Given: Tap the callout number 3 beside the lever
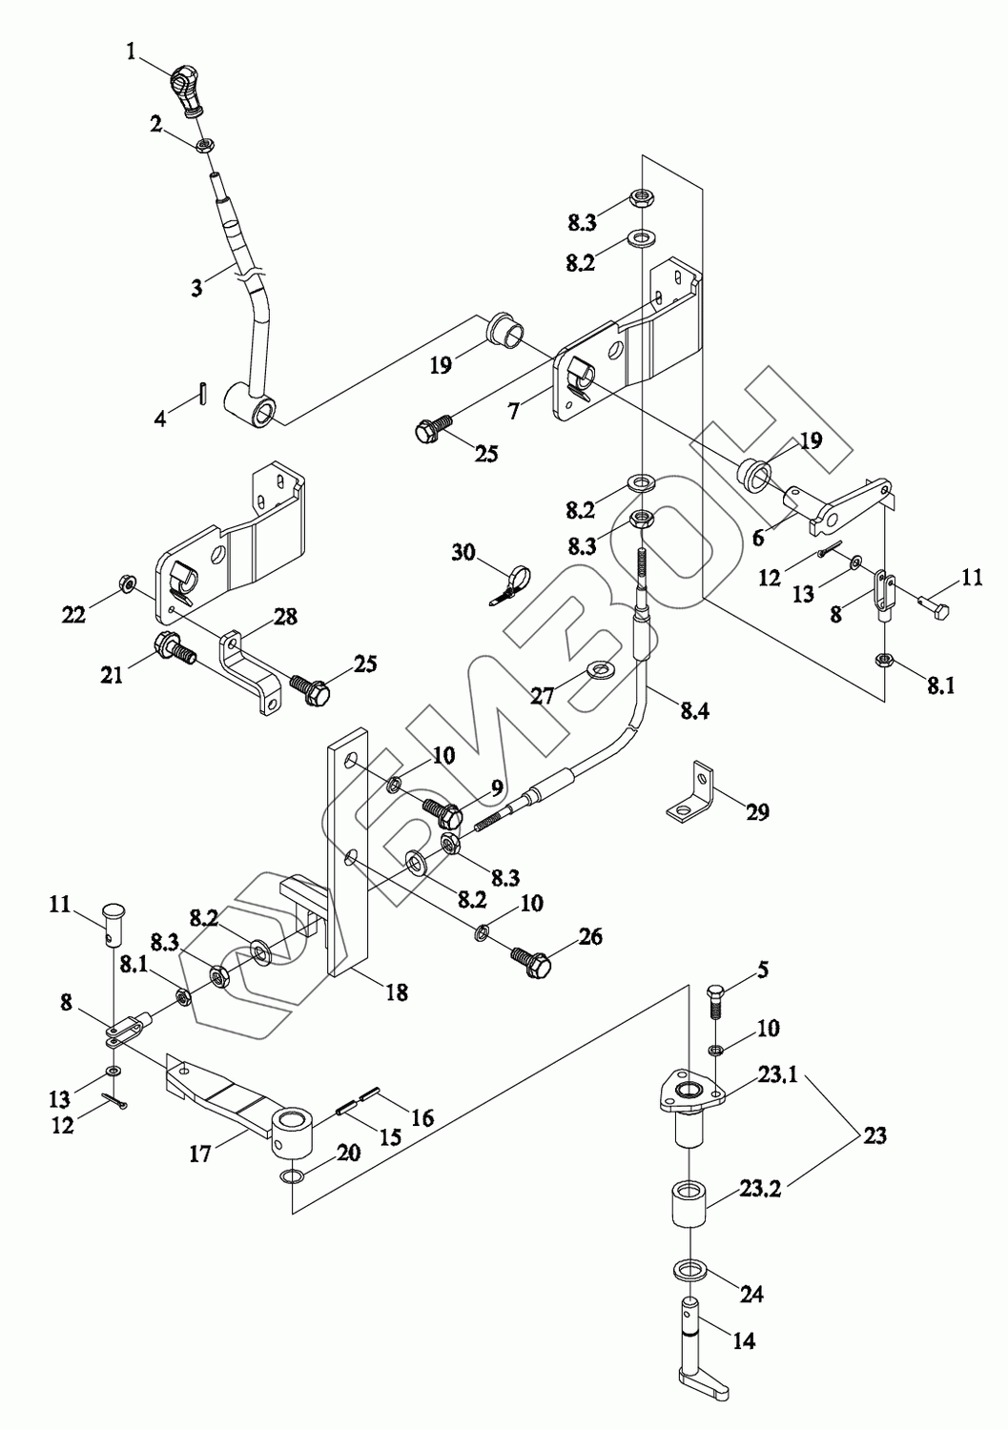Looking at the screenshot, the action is tap(196, 287).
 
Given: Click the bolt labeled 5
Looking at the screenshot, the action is tap(717, 1006).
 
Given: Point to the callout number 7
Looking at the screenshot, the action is tap(515, 411).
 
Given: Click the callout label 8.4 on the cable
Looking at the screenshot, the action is tap(694, 710).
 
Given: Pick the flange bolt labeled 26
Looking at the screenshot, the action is tap(531, 963).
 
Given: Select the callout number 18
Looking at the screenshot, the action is tap(397, 991).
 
